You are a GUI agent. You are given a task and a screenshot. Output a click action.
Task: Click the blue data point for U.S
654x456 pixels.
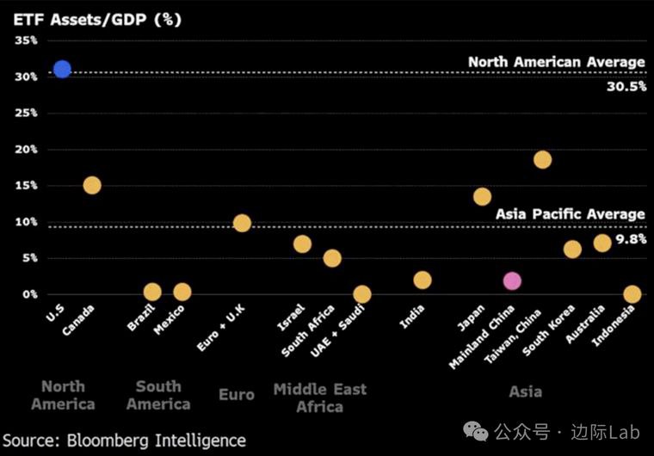click(62, 69)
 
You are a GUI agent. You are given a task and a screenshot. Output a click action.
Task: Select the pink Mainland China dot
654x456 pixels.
click(512, 281)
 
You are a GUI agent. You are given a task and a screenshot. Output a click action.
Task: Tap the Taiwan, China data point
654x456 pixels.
click(542, 159)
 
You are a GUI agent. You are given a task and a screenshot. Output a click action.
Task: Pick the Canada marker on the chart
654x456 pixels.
click(92, 185)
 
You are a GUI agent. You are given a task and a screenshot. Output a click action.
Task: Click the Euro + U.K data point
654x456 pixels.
click(242, 224)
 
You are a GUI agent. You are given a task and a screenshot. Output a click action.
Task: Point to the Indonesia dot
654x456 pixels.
click(632, 294)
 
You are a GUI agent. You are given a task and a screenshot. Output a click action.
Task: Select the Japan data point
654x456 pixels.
click(482, 197)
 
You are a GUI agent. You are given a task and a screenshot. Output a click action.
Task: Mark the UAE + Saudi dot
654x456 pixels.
click(362, 294)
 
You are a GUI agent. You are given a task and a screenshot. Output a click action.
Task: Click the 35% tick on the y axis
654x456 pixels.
click(26, 40)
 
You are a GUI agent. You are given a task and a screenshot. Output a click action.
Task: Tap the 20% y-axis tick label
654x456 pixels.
click(26, 149)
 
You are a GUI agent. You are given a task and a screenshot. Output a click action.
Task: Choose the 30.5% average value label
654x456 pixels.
click(625, 87)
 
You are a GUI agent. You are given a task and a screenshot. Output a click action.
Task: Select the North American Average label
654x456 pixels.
click(556, 62)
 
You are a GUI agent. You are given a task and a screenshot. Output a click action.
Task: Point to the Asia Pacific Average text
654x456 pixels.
click(570, 213)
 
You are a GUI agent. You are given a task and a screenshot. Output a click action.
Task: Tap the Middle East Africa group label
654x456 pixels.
click(319, 397)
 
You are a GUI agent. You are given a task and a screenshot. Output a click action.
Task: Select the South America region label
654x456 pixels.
click(158, 395)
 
